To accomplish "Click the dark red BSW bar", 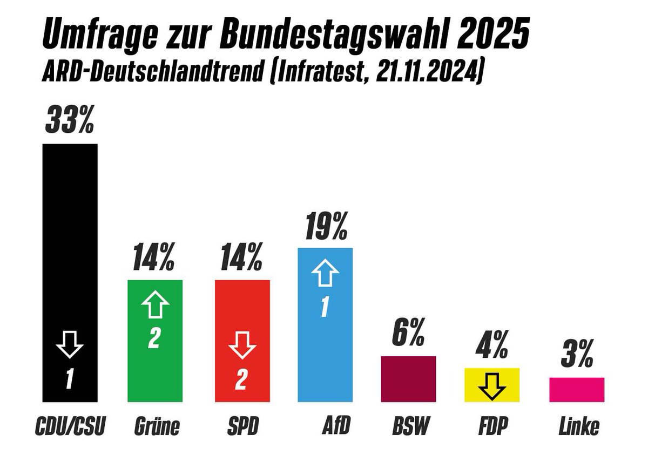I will tap(408, 379).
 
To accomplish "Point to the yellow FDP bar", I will tap(492, 385).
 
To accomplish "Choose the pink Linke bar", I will tap(577, 390).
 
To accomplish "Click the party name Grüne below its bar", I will tap(156, 427).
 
